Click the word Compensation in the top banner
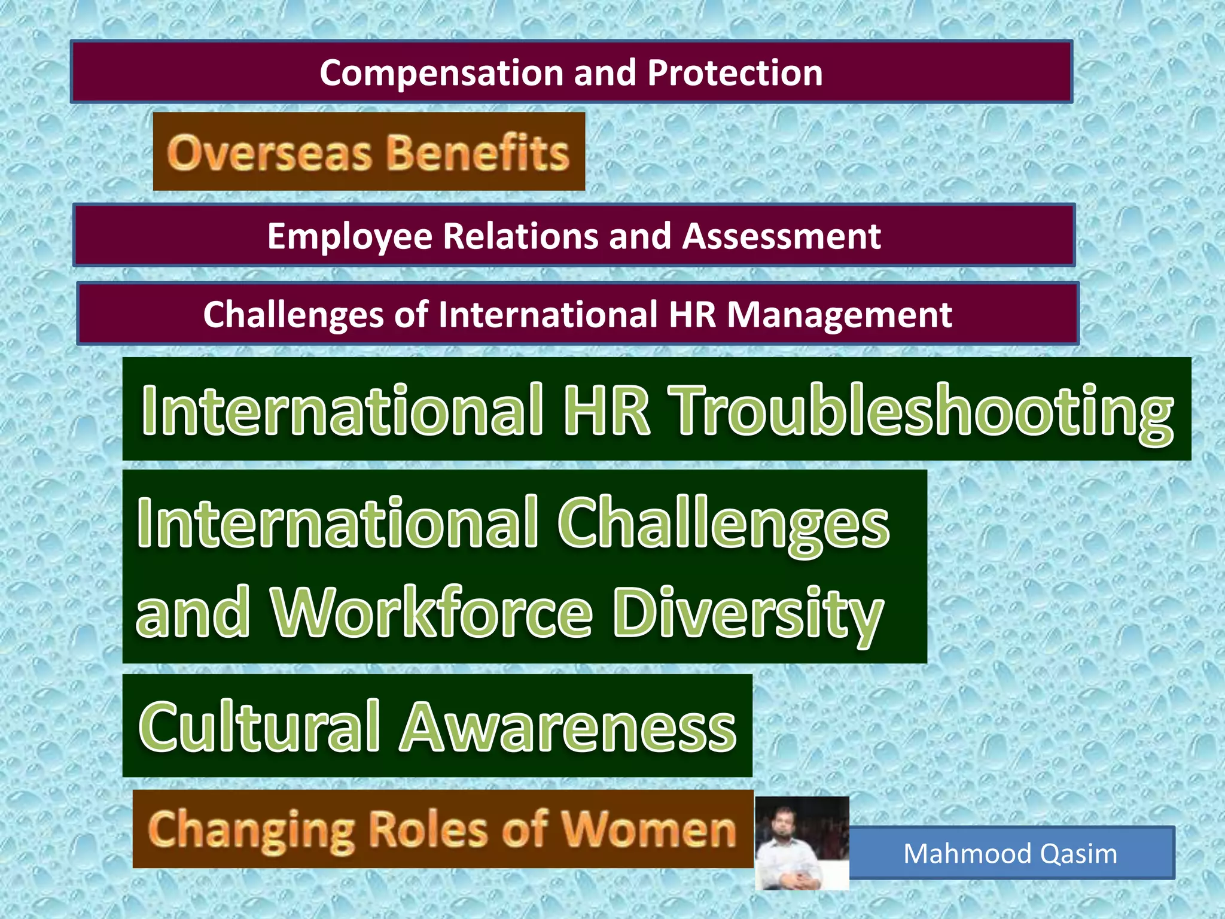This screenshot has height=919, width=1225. [x=441, y=73]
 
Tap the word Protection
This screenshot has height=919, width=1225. [x=735, y=73]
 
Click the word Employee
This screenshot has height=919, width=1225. [x=349, y=236]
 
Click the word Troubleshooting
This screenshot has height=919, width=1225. [x=923, y=411]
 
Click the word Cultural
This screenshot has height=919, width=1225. [x=259, y=726]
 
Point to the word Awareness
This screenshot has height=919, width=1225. [x=568, y=726]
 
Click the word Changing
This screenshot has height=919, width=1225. [x=251, y=830]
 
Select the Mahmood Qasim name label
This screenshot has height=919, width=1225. [x=1010, y=853]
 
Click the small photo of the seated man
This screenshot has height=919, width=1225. [x=802, y=843]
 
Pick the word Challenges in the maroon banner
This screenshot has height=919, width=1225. [x=315, y=315]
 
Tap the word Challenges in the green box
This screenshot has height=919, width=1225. [x=723, y=522]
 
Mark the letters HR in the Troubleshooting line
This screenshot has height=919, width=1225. [x=606, y=410]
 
